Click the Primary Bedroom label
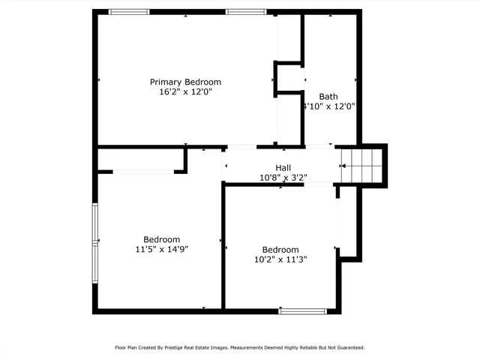[x=185, y=82]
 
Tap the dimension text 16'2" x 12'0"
[x=185, y=92]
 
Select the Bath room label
[x=328, y=96]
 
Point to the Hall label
[x=283, y=168]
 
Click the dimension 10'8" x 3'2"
[x=283, y=178]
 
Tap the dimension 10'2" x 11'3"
[x=280, y=259]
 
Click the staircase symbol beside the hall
[x=357, y=165]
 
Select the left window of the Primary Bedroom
[x=129, y=11]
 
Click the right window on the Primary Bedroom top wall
[x=246, y=11]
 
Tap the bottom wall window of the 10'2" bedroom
[x=302, y=310]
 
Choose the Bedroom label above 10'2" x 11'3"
[x=280, y=250]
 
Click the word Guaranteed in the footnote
[x=348, y=347]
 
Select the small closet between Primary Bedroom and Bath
[x=289, y=78]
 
